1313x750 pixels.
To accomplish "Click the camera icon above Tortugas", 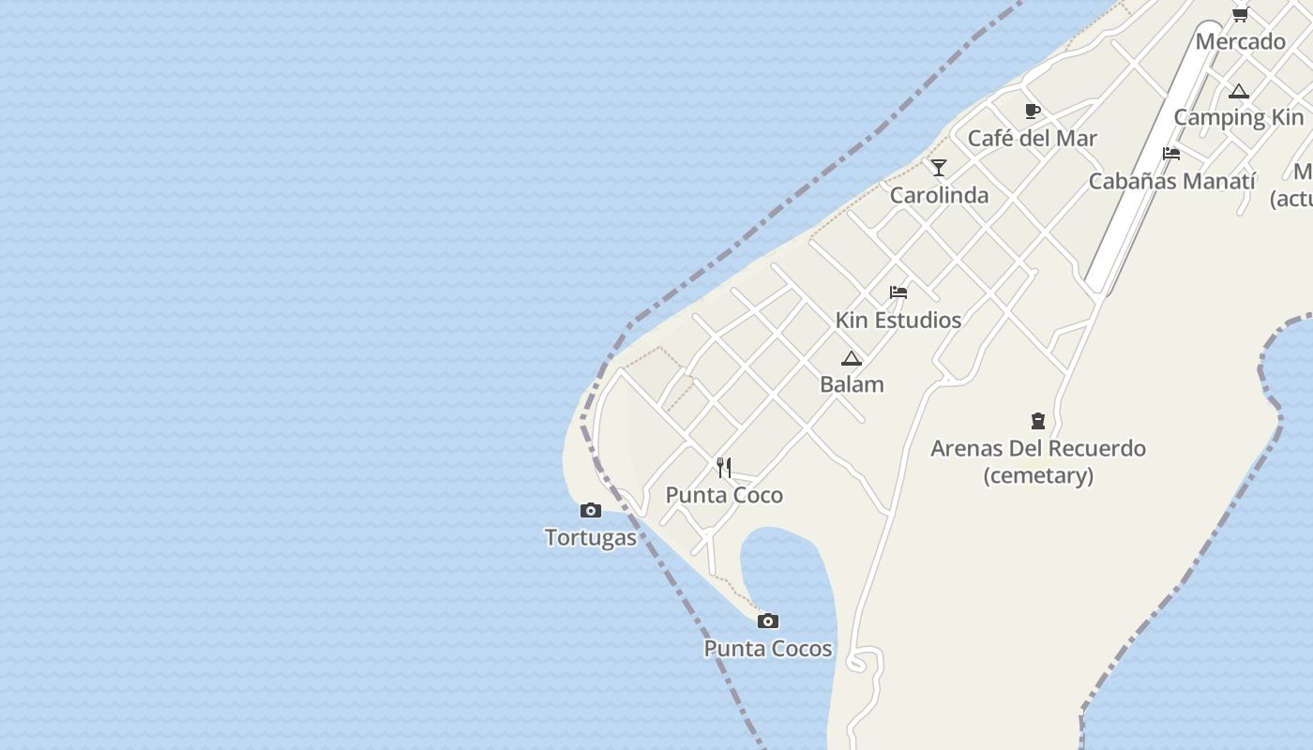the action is click(591, 511).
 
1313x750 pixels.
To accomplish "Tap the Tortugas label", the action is click(591, 538).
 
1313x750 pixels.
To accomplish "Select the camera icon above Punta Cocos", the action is click(768, 621).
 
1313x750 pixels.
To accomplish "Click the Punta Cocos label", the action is click(768, 649).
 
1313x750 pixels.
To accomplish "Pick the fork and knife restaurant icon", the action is click(724, 467).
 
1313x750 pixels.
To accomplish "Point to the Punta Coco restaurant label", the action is click(724, 495).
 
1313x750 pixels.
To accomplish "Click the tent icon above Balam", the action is click(852, 358).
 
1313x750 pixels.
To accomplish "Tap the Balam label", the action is click(852, 384).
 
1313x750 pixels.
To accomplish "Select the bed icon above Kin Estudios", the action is click(898, 292).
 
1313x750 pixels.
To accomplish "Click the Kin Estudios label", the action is click(898, 321).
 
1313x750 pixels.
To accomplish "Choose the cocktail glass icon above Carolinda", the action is click(939, 168).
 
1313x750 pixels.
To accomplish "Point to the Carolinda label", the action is click(939, 195).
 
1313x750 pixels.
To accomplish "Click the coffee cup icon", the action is click(1033, 112).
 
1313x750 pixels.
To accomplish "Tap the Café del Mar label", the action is click(1033, 139).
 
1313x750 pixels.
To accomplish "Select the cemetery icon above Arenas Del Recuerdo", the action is click(1038, 421).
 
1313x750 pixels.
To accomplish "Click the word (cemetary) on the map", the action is click(1038, 475).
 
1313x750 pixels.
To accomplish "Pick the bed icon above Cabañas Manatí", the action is click(1171, 154).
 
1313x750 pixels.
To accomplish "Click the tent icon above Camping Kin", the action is click(1239, 92).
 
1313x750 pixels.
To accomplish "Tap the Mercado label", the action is click(1241, 41).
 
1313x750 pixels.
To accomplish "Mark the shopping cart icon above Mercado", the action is click(1241, 14).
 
